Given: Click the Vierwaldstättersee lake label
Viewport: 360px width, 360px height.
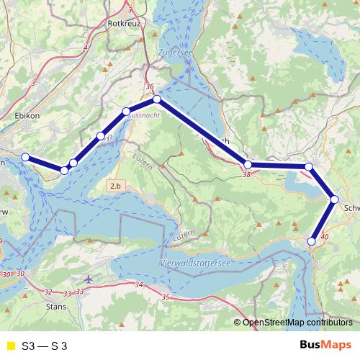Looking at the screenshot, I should [x=194, y=263].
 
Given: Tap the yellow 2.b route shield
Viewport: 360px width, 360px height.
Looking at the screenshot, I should [x=116, y=186].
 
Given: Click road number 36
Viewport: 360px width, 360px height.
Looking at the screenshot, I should [x=150, y=87].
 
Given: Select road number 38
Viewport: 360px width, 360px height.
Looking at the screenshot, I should [x=247, y=174].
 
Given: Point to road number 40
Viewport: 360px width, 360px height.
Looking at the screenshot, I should [x=323, y=236].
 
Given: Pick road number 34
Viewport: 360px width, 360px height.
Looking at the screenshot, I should [x=138, y=286].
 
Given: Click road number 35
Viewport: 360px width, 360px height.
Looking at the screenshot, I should [x=166, y=297].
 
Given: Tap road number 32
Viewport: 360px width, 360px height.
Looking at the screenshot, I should [x=48, y=292].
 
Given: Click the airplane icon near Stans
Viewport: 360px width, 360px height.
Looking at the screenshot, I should [x=89, y=279].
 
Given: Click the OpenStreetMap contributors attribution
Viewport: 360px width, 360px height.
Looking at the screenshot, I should [x=297, y=323].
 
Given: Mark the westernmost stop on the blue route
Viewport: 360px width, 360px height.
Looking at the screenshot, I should [x=25, y=157].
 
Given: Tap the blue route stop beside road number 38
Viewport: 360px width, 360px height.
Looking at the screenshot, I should [x=248, y=165].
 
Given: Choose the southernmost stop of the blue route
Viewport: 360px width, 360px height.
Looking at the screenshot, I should [x=312, y=241].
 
